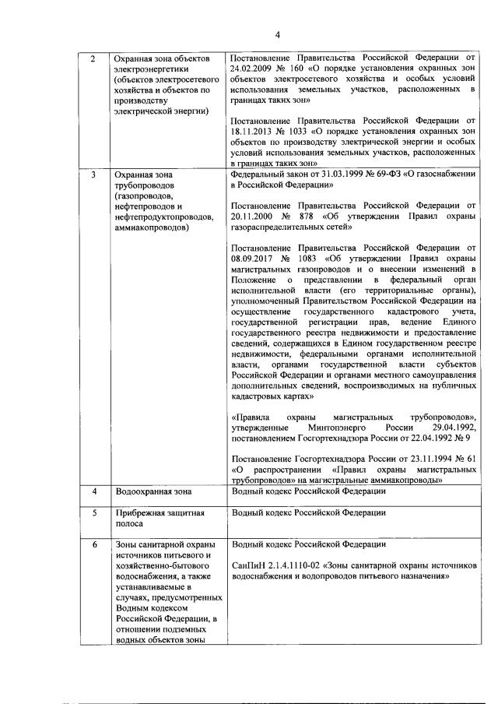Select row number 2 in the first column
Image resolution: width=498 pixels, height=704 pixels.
tap(94, 59)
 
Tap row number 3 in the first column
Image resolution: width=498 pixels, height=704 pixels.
tap(94, 176)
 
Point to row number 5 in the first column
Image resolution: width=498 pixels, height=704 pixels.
tap(94, 513)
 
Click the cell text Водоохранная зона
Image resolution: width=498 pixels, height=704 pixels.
tap(153, 492)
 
